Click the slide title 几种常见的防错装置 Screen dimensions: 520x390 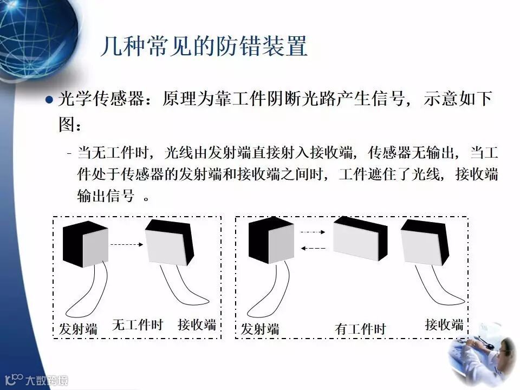point(204,47)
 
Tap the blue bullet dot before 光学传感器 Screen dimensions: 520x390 point(49,100)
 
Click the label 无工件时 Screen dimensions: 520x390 point(137,325)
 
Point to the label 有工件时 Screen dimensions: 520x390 point(360,328)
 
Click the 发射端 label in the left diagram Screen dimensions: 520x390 point(78,328)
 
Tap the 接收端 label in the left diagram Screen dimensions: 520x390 point(197,324)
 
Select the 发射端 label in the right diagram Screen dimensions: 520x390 point(260,328)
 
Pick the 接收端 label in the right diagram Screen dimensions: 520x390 point(444,324)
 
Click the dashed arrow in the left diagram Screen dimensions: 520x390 point(126,244)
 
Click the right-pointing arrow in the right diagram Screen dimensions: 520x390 point(313,232)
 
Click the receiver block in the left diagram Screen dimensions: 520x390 point(170,243)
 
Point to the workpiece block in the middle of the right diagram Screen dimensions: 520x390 point(360,239)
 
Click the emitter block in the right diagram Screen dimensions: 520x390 point(270,241)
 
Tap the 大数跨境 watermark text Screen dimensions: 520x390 point(48,380)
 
